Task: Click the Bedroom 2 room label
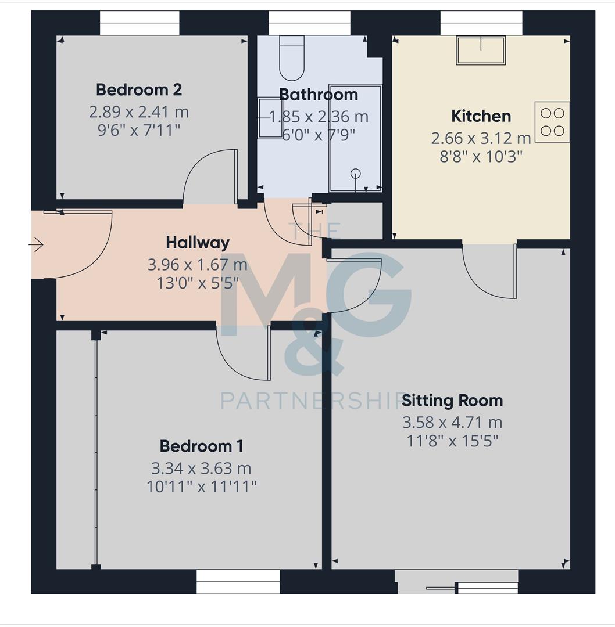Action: coord(139,90)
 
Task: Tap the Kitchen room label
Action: coord(481,116)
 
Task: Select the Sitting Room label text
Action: coord(452,401)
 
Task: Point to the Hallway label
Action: coord(198,242)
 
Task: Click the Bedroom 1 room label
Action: coord(201,446)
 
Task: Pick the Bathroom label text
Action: coord(319,95)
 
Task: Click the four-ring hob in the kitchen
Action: coord(552,122)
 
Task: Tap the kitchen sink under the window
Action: coord(480,51)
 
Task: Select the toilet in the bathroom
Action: coord(292,58)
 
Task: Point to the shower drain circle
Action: coord(356,172)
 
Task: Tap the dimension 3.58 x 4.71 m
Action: coord(452,422)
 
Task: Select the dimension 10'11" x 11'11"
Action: coord(201,487)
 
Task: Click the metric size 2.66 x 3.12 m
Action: coord(481,138)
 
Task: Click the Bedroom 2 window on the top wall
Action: coord(140,23)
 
